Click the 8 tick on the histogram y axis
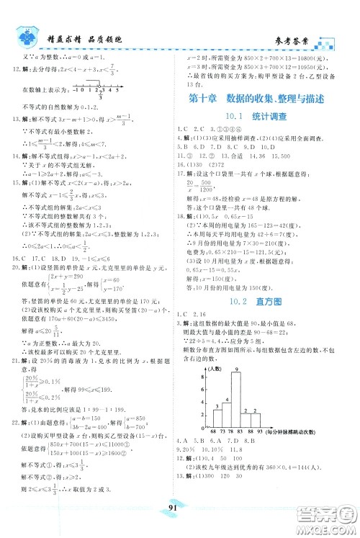pos(204,375)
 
